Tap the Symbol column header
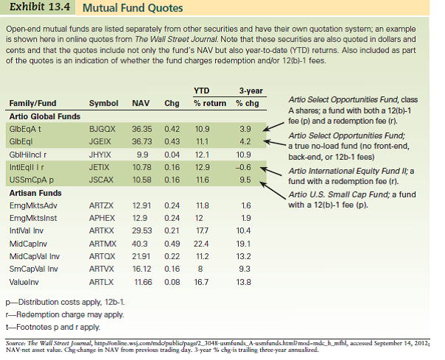coord(102,103)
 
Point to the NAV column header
coord(141,103)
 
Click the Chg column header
coord(172,103)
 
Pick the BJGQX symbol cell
coord(102,128)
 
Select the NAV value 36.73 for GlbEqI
coord(141,140)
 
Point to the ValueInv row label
coord(24,282)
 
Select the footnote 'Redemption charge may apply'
coord(65,314)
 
